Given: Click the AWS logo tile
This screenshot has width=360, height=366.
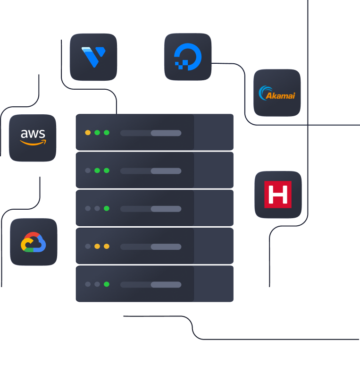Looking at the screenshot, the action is pos(33,138).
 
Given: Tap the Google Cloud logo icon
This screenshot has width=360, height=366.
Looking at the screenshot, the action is pos(33,242).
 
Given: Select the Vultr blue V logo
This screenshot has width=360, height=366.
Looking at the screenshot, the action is pos(93,57).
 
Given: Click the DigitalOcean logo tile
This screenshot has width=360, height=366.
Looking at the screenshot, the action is pos(188,57).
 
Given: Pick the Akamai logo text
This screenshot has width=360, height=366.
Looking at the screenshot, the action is pos(280,96).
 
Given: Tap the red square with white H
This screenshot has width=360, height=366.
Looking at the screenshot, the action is pos(278,195).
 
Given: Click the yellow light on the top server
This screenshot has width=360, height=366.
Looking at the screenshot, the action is pos(88,133).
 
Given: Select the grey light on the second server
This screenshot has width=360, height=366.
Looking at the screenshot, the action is pos(88,170).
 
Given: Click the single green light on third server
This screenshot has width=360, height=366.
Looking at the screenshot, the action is pos(107,208).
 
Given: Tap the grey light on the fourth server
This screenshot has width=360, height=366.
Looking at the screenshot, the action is pos(88,246).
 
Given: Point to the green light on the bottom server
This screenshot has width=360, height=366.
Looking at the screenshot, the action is pos(107,284).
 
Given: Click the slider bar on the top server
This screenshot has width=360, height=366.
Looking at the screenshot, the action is pos(151,133).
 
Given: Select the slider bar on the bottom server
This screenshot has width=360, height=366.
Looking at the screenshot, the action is pos(151,285).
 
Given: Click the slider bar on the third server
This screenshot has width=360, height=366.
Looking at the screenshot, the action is pos(151,209).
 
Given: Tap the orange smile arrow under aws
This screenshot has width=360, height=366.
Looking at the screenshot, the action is pos(33,143).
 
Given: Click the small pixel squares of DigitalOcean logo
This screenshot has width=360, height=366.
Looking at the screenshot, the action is pos(181,65).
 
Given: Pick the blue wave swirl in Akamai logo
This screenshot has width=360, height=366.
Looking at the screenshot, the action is pos(264,93).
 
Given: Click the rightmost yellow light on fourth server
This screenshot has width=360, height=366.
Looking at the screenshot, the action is pos(107,246).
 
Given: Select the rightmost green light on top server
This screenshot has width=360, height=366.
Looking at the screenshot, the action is pos(107,133).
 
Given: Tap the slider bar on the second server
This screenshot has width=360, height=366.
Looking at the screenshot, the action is pos(151,171).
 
